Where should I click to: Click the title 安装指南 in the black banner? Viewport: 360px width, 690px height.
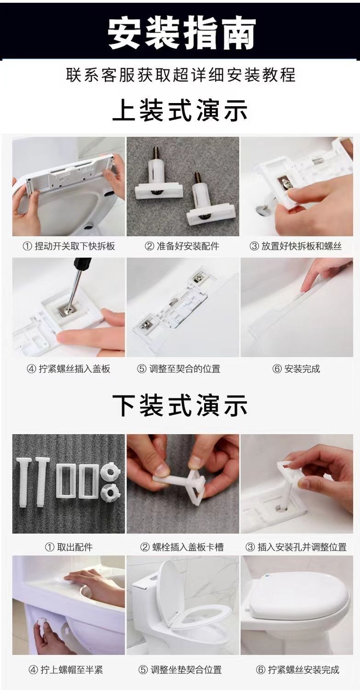click(182, 33)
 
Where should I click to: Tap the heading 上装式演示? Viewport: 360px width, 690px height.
click(180, 110)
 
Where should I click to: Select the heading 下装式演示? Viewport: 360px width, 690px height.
click(180, 405)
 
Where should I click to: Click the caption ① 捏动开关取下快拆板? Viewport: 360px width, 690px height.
click(69, 246)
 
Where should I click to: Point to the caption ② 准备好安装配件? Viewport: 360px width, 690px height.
click(182, 246)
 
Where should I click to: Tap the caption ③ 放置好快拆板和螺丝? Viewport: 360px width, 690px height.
click(296, 246)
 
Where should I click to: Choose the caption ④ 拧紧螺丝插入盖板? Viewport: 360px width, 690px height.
click(69, 369)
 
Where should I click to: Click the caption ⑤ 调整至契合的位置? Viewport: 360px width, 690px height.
click(178, 369)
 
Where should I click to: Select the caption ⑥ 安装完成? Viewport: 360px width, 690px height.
click(296, 369)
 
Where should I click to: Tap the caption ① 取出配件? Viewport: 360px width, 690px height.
click(69, 547)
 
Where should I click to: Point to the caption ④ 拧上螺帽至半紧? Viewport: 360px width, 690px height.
click(66, 669)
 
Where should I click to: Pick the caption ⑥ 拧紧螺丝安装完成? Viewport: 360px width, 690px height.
click(297, 669)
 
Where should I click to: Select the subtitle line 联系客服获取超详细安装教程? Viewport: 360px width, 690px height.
click(181, 75)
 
